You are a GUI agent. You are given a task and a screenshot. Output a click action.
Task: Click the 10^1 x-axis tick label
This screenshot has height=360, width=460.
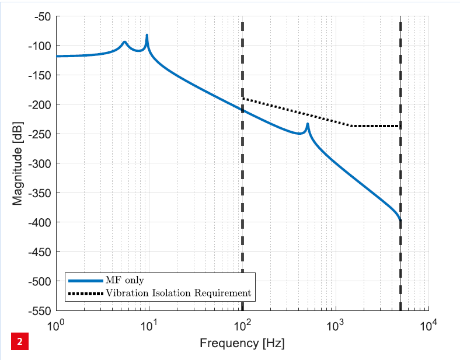[149, 324]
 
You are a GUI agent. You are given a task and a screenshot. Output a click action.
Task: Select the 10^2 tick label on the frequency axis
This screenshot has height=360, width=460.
[242, 324]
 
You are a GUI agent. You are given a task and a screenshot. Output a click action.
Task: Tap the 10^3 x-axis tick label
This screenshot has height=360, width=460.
[335, 324]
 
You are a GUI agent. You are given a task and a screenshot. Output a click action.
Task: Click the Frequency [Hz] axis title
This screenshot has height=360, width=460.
[242, 343]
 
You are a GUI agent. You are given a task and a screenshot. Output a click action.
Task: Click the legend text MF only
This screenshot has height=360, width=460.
[124, 281]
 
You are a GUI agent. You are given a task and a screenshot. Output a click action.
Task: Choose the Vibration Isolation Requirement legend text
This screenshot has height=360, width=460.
[178, 293]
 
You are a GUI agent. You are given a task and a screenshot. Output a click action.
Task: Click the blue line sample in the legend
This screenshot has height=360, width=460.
[86, 281]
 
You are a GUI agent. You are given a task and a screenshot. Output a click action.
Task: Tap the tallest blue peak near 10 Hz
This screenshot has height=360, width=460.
[147, 36]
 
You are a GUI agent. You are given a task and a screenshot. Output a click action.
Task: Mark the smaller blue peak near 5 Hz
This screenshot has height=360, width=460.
[124, 42]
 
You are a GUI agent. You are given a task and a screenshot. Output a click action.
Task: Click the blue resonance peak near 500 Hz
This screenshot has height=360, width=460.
[307, 124]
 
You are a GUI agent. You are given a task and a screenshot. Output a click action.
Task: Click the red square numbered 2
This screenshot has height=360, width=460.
[19, 341]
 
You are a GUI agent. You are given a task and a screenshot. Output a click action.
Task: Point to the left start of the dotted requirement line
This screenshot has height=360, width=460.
[243, 99]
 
